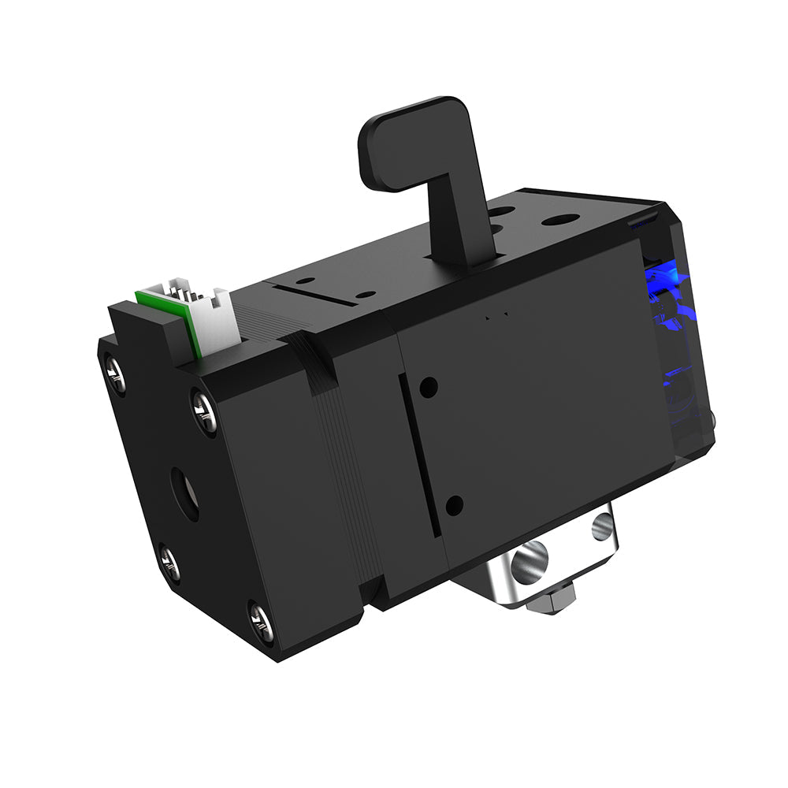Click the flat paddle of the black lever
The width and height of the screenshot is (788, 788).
pyautogui.click(x=410, y=146)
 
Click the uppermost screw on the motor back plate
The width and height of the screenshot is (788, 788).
pyautogui.click(x=115, y=374)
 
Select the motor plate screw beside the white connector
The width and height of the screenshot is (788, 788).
pyautogui.click(x=205, y=412)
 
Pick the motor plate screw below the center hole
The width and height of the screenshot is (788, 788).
pyautogui.click(x=169, y=563)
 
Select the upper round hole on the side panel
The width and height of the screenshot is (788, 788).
pyautogui.click(x=429, y=387)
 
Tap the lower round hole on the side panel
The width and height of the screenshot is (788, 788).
pyautogui.click(x=454, y=505)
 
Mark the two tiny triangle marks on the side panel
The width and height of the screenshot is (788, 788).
pyautogui.click(x=496, y=316)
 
